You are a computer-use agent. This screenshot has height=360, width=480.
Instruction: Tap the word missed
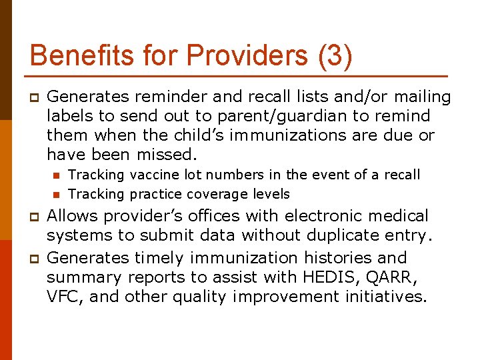click(167, 155)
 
